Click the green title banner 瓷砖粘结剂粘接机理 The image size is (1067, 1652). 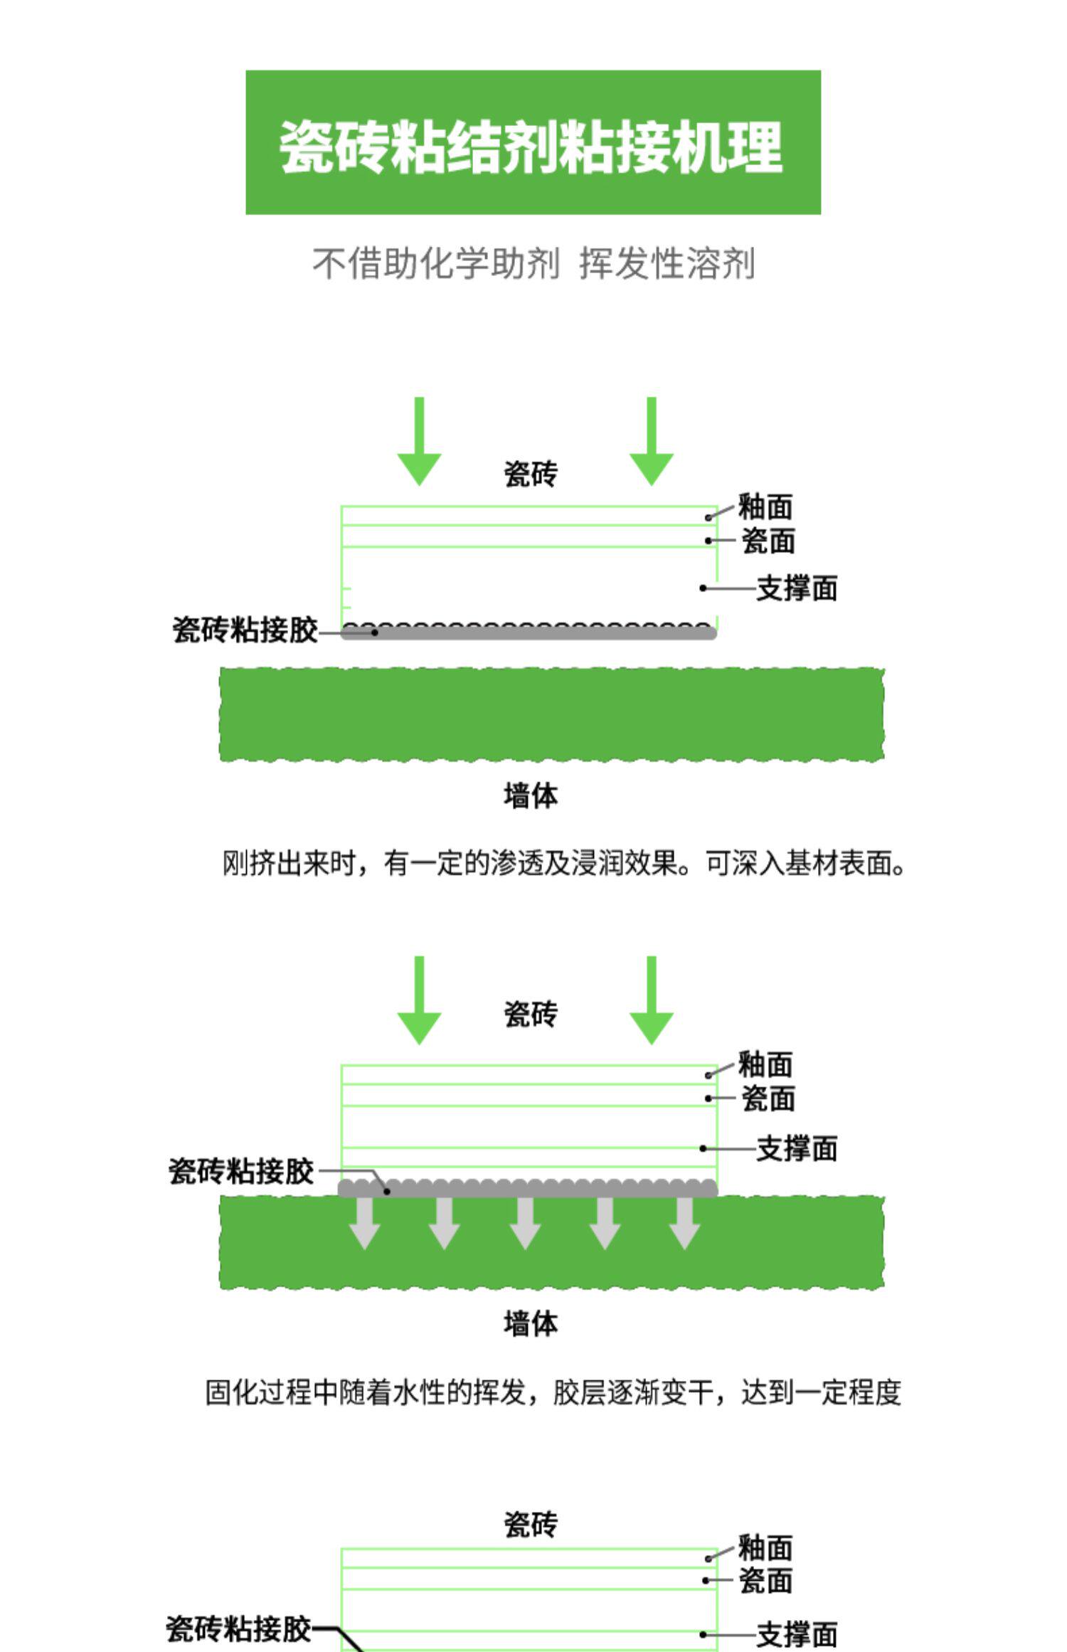533,142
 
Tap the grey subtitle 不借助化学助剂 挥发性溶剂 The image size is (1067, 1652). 533,264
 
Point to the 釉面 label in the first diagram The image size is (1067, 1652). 765,507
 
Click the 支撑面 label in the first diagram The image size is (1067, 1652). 797,588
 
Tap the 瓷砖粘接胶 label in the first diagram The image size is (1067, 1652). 245,630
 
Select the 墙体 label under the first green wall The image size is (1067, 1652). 531,795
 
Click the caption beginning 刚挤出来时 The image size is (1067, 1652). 563,864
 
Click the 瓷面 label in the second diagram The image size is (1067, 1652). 768,1099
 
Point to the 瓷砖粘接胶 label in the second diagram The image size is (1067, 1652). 242,1171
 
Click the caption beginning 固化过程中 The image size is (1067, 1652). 553,1393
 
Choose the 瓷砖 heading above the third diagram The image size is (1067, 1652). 531,1524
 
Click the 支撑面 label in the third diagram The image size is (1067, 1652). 797,1634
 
